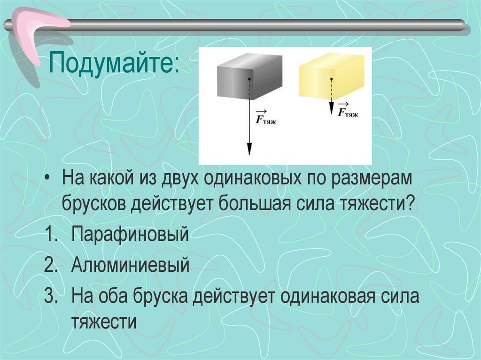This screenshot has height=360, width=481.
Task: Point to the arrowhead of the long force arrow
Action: click(249, 149)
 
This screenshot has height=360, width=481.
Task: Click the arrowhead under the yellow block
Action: click(331, 110)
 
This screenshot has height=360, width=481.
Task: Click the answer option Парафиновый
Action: click(130, 233)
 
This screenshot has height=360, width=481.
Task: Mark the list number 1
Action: click(49, 234)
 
